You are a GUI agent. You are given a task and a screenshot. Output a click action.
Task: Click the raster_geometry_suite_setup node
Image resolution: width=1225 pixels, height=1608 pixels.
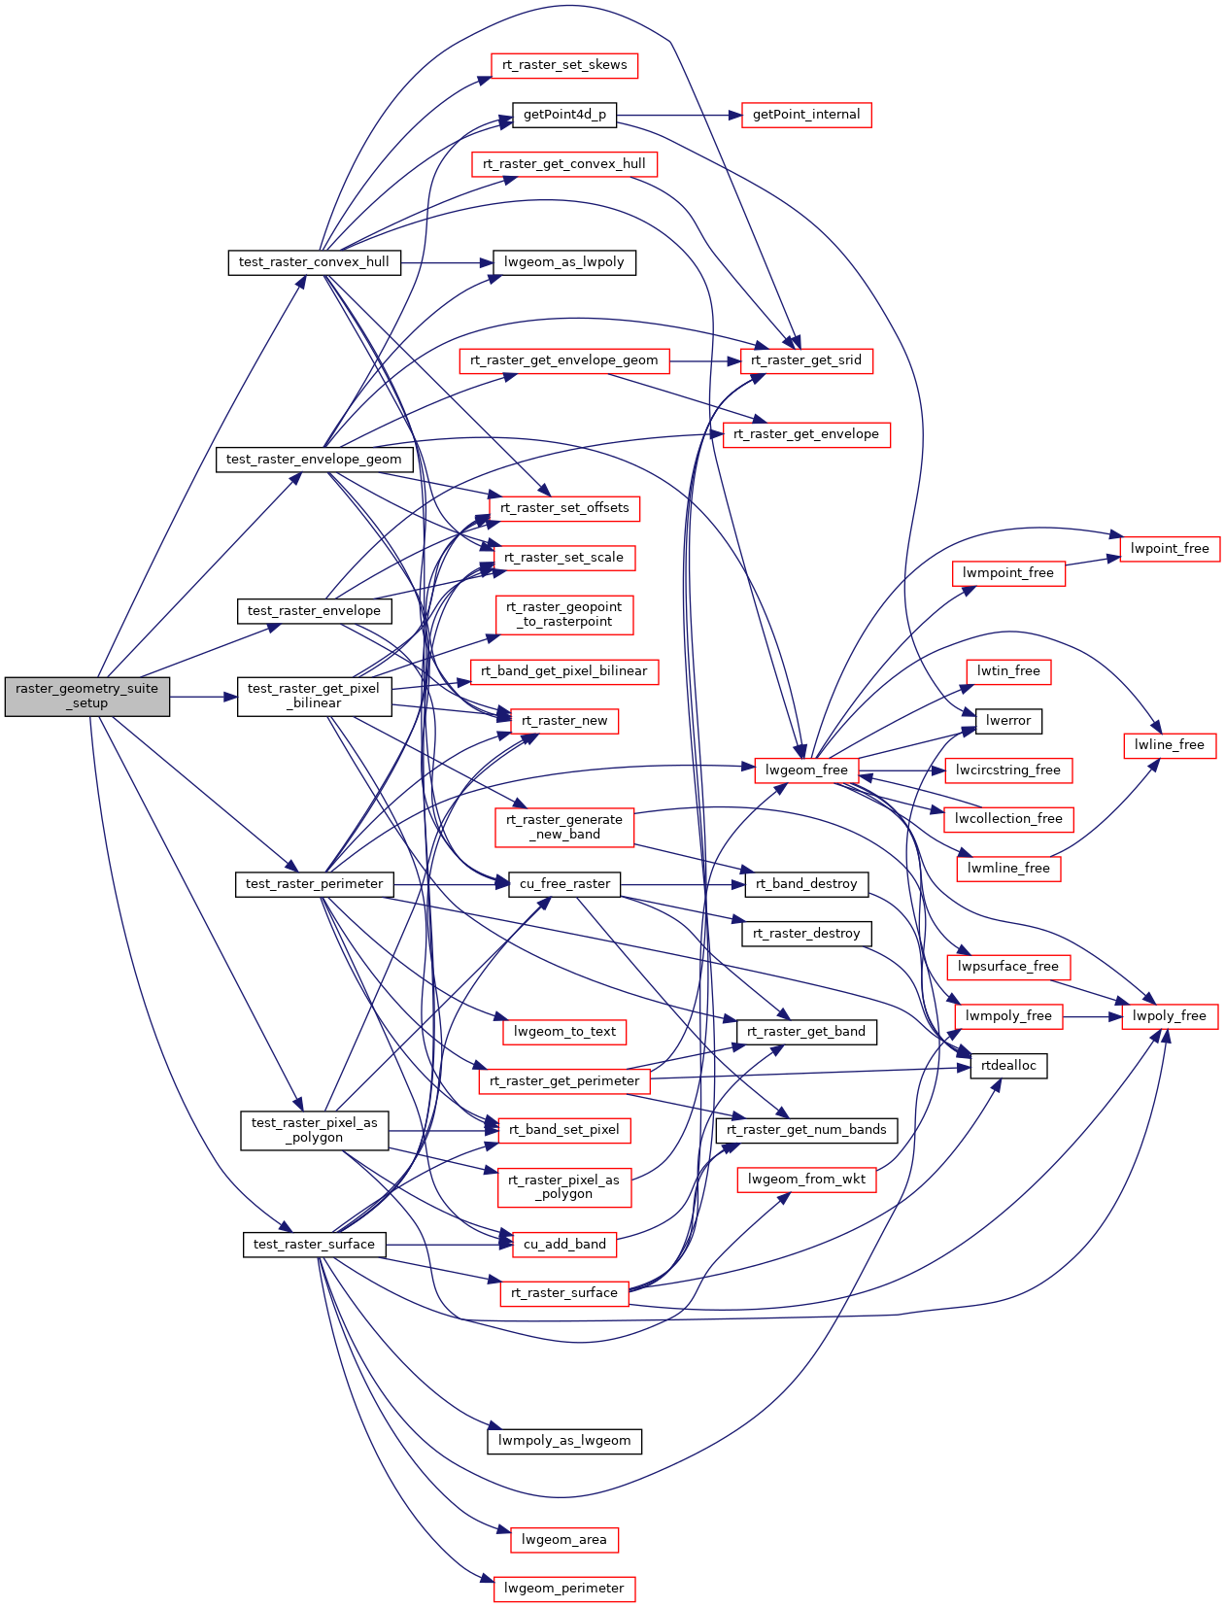click(86, 696)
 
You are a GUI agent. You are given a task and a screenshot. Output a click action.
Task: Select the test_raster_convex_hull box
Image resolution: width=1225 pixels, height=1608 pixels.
click(314, 262)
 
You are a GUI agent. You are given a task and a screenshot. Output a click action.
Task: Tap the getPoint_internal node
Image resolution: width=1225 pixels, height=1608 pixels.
click(806, 115)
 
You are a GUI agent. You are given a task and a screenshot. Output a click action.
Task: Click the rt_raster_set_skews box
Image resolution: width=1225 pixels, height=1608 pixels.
click(564, 65)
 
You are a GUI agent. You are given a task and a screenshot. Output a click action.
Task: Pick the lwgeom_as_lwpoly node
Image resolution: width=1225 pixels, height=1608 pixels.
click(564, 262)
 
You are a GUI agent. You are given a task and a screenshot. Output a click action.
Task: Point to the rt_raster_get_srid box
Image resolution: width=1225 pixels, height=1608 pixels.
click(806, 360)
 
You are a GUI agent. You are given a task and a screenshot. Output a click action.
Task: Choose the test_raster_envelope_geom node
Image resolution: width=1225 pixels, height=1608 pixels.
click(314, 459)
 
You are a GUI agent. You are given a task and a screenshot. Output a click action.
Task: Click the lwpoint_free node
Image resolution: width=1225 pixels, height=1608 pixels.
click(1170, 549)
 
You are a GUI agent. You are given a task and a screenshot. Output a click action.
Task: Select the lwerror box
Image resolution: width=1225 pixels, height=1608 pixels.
click(1008, 721)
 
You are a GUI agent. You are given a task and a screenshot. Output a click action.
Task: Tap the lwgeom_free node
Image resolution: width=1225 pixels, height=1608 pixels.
click(806, 770)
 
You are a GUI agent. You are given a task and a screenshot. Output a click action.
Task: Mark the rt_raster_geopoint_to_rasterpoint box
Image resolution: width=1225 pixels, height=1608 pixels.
click(564, 614)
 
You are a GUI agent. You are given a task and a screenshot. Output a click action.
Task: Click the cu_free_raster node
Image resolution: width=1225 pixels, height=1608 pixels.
click(564, 884)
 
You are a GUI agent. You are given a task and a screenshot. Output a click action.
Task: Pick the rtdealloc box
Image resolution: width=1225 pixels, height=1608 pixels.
click(1008, 1066)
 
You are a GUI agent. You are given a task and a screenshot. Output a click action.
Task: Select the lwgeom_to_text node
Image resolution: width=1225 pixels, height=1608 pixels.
click(564, 1032)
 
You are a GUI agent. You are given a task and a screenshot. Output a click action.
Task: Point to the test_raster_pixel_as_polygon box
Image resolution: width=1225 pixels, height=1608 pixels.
click(314, 1130)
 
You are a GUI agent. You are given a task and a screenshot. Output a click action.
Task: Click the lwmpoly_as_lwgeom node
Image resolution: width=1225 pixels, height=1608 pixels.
click(564, 1441)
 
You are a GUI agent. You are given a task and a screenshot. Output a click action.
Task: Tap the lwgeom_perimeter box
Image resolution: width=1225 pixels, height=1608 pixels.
click(564, 1589)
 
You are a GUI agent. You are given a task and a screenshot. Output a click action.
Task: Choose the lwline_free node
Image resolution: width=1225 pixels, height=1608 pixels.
click(1170, 745)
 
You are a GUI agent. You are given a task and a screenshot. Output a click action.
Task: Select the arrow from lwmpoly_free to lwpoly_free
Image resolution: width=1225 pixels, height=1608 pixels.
click(1092, 1016)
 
